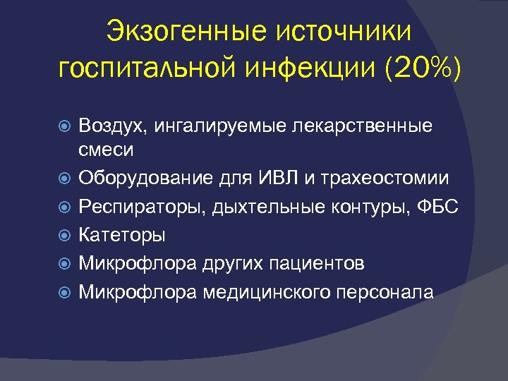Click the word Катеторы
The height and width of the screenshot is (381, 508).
[123, 234]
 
